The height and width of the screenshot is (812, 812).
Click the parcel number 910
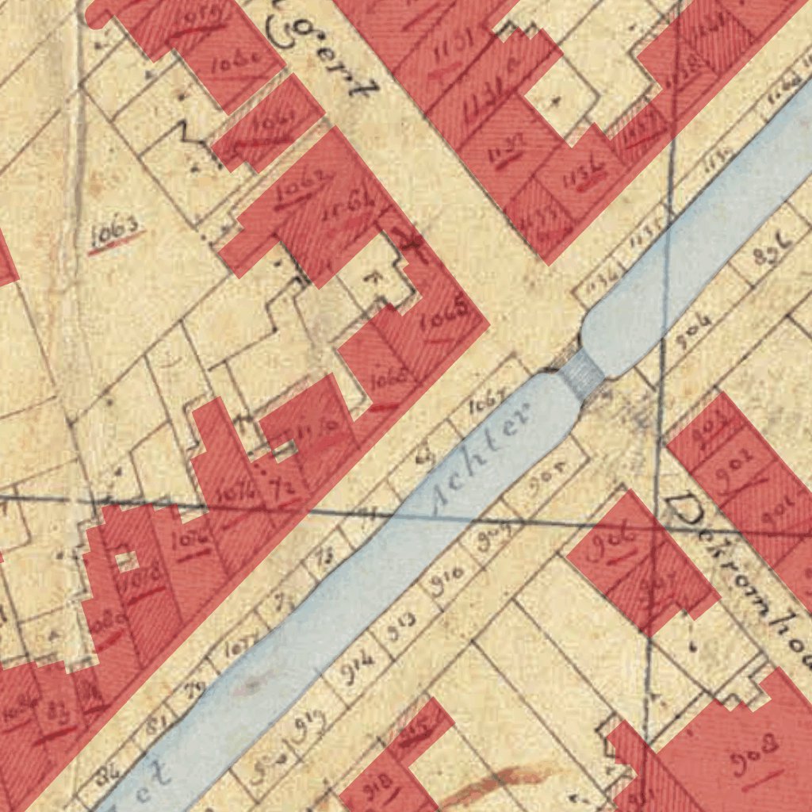pos(446,583)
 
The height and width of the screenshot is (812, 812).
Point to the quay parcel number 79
pos(191,689)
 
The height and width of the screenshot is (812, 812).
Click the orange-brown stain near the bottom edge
pos(492,781)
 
